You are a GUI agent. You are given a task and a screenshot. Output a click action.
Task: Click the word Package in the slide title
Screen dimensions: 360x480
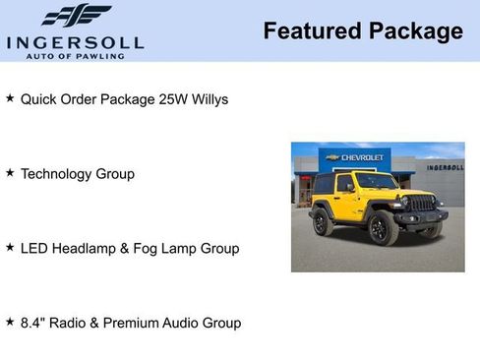pyautogui.click(x=414, y=31)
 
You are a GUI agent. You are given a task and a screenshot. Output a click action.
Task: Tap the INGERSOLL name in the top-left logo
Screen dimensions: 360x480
pyautogui.click(x=75, y=42)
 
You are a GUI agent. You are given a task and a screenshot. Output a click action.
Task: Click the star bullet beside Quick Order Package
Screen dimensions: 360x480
pyautogui.click(x=10, y=99)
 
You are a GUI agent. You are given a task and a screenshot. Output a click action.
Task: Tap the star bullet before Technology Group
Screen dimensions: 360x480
pyautogui.click(x=10, y=173)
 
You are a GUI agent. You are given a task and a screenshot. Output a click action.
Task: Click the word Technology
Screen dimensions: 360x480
pyautogui.click(x=58, y=174)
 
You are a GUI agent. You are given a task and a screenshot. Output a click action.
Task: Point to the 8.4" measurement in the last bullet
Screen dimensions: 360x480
pyautogui.click(x=33, y=323)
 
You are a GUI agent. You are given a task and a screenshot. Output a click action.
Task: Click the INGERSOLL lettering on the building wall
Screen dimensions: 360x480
pyautogui.click(x=445, y=168)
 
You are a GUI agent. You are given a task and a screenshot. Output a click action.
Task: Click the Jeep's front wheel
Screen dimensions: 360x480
pyautogui.click(x=383, y=230)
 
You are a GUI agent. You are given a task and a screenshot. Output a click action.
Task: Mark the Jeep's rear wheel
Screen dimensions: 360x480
pyautogui.click(x=323, y=221)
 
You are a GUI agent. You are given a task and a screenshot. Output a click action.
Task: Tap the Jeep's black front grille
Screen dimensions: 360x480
pyautogui.click(x=421, y=204)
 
